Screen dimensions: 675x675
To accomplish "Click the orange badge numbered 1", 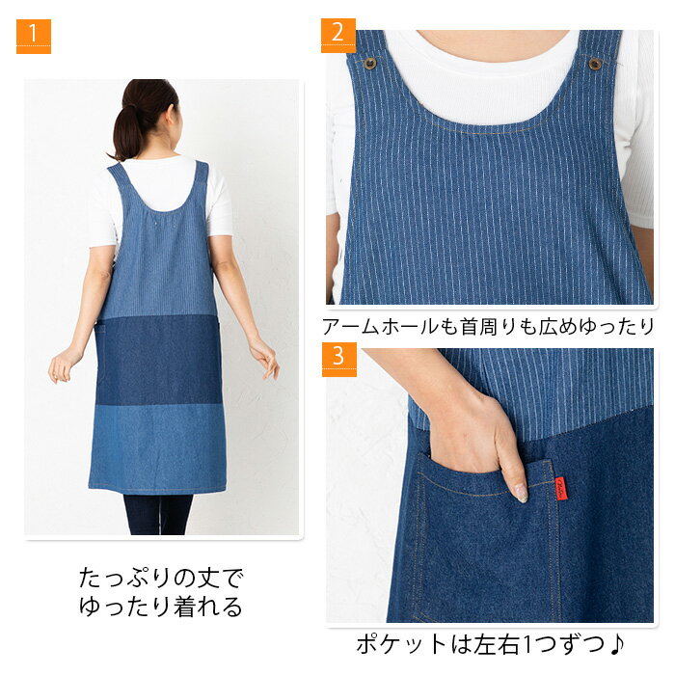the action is [34, 37].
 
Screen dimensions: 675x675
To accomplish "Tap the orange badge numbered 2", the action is [338, 36].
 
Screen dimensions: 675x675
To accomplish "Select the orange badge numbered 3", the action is [339, 360].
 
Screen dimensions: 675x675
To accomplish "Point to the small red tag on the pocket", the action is [560, 488].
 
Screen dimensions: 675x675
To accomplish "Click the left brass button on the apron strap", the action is [369, 64].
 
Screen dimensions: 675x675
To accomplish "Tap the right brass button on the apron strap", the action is [595, 64].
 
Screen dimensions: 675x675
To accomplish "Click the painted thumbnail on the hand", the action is [520, 492].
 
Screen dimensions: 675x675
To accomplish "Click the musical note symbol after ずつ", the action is [616, 644].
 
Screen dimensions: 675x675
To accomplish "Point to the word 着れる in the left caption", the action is [208, 607].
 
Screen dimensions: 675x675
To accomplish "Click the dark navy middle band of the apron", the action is [158, 361].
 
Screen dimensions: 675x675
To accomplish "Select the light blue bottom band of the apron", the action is [157, 447].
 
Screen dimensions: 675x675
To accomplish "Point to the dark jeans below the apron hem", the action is [157, 514].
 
